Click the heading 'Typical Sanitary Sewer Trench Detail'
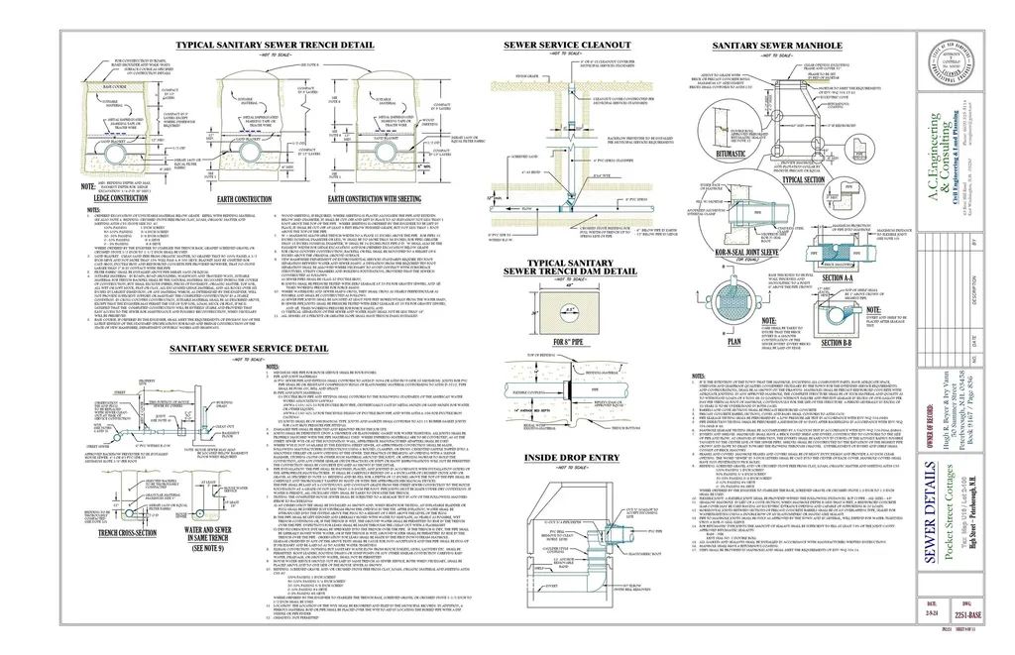275,47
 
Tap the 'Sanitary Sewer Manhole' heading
778,47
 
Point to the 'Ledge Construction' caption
120,198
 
